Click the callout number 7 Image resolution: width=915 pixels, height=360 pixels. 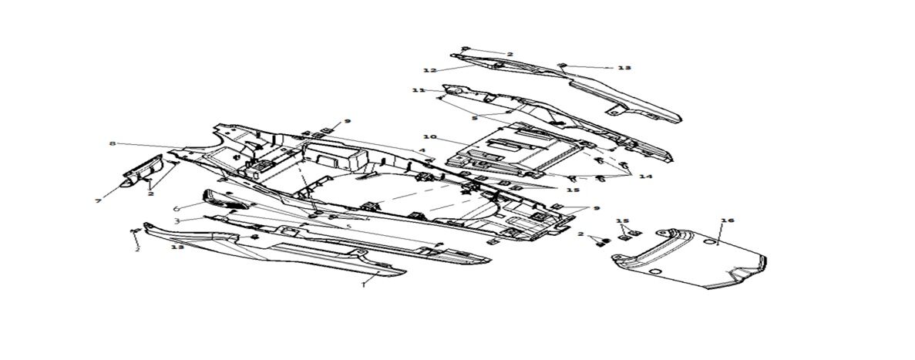pyautogui.click(x=99, y=201)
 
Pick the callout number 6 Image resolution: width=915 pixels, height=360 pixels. pyautogui.click(x=177, y=208)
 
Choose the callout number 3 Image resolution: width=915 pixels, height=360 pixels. pyautogui.click(x=177, y=220)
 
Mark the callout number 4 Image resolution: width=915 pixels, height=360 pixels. pyautogui.click(x=422, y=150)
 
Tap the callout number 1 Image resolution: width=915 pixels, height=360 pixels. pyautogui.click(x=363, y=284)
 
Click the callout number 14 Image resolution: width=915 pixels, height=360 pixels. pyautogui.click(x=645, y=177)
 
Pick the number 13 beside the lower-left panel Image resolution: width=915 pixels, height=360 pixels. pyautogui.click(x=177, y=247)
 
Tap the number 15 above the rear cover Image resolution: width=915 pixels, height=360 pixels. pyautogui.click(x=623, y=220)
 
